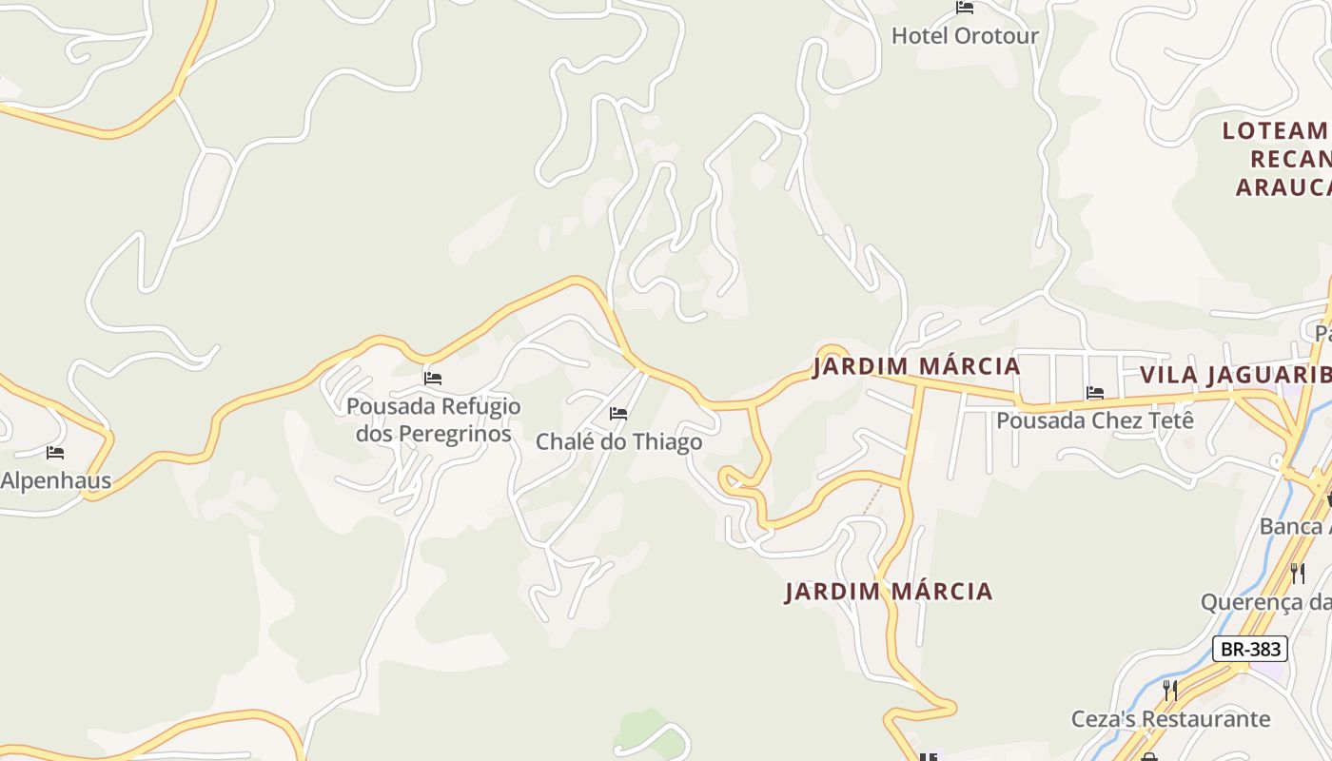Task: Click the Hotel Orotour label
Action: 965,36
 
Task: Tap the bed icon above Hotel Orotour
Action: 965,9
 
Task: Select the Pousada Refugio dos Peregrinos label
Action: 434,420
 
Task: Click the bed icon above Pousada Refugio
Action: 433,379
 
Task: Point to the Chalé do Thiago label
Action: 618,441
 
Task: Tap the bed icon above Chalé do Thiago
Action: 618,414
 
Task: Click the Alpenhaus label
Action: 55,480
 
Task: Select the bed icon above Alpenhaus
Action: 55,453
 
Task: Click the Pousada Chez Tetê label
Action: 1094,420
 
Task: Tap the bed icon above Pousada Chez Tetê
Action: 1095,392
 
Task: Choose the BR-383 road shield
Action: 1250,649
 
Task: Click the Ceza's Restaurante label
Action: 1170,718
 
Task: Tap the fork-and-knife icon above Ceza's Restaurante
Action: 1170,690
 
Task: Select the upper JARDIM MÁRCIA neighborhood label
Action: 916,366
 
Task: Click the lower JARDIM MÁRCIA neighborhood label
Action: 889,592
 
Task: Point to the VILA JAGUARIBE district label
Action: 1235,375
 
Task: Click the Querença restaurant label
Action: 1265,602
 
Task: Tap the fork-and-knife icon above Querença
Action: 1297,573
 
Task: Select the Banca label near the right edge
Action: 1294,526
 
